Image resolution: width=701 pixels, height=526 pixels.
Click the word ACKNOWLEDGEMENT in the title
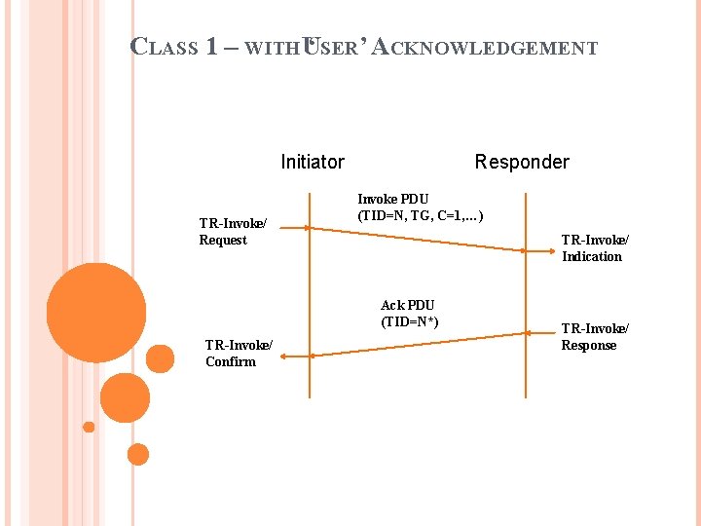click(x=485, y=47)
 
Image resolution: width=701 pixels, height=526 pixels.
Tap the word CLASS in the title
click(x=165, y=47)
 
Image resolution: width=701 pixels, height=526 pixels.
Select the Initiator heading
click(x=312, y=162)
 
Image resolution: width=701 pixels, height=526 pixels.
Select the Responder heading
click(x=522, y=162)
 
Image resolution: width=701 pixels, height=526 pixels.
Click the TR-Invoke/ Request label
click(x=233, y=232)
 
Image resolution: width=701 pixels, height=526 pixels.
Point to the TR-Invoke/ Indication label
click(x=595, y=247)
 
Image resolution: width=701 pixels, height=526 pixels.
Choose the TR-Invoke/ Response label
click(x=595, y=336)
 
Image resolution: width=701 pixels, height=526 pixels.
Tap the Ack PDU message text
click(x=409, y=313)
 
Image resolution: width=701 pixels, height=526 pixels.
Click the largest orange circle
click(x=95, y=312)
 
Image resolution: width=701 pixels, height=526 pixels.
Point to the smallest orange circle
click(x=89, y=427)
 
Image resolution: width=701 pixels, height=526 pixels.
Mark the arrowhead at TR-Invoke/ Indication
click(x=523, y=251)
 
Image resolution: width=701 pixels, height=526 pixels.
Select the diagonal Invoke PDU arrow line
click(x=419, y=240)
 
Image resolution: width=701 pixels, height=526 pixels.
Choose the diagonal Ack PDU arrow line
click(x=419, y=345)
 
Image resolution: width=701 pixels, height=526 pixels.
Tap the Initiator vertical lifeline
click(x=310, y=292)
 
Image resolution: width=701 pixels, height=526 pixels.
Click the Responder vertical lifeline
click(x=526, y=292)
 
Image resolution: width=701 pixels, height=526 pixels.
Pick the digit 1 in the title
click(x=212, y=47)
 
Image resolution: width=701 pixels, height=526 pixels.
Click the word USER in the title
click(x=330, y=47)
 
